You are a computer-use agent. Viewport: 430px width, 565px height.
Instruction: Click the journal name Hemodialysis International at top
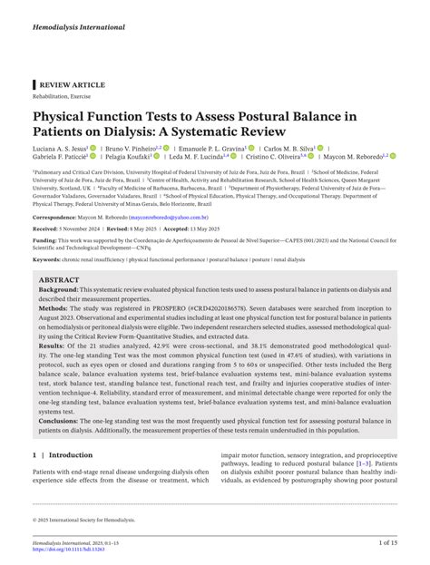click(79, 28)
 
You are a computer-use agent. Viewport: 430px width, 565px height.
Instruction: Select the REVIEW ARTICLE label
click(72, 84)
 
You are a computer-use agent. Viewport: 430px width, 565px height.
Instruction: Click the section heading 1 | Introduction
click(63, 454)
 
